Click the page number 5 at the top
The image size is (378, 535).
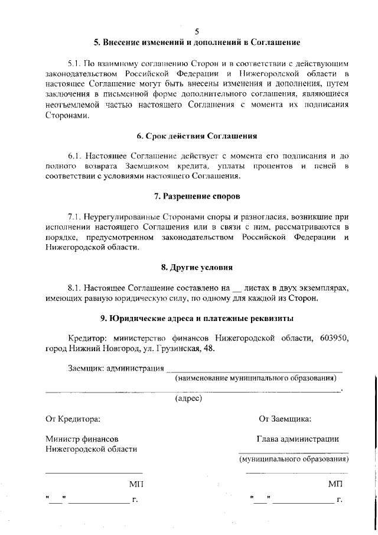[x=197, y=31]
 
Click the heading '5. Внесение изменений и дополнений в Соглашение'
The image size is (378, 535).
[x=197, y=43]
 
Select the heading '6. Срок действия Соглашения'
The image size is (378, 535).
[x=197, y=136]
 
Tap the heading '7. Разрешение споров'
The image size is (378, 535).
[x=197, y=196]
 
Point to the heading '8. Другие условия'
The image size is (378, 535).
[x=197, y=267]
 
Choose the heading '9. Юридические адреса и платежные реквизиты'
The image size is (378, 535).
[x=197, y=318]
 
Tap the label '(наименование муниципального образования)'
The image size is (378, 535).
[x=259, y=378]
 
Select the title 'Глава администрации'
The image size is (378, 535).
[x=297, y=439]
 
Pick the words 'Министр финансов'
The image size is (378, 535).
[x=82, y=439]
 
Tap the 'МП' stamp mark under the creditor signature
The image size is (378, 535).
[x=136, y=484]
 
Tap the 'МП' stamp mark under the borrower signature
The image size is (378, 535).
[x=335, y=484]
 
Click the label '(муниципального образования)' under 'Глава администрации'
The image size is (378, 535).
[x=293, y=459]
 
